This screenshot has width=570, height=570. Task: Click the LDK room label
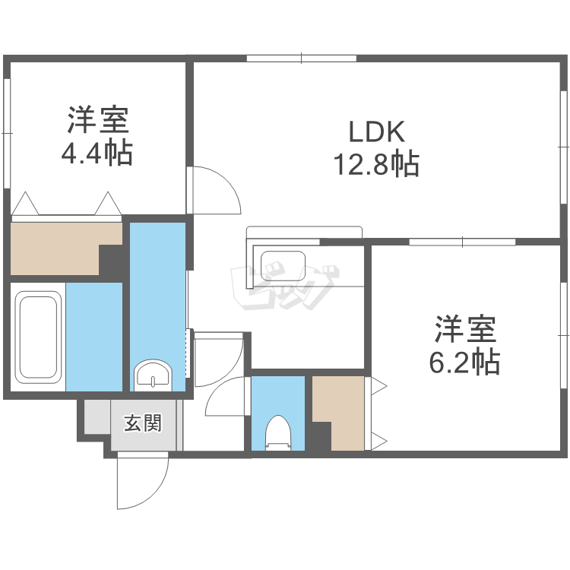377,133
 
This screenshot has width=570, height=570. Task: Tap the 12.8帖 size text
377,163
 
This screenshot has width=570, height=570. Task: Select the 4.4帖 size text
97,154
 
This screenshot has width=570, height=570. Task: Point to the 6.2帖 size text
464,363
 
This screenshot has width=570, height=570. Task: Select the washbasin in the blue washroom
154,375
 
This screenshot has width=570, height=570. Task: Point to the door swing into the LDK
217,190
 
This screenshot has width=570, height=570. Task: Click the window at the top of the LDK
302,58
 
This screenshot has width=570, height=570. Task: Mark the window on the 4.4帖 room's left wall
6,133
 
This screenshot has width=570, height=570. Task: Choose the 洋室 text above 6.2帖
464,331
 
